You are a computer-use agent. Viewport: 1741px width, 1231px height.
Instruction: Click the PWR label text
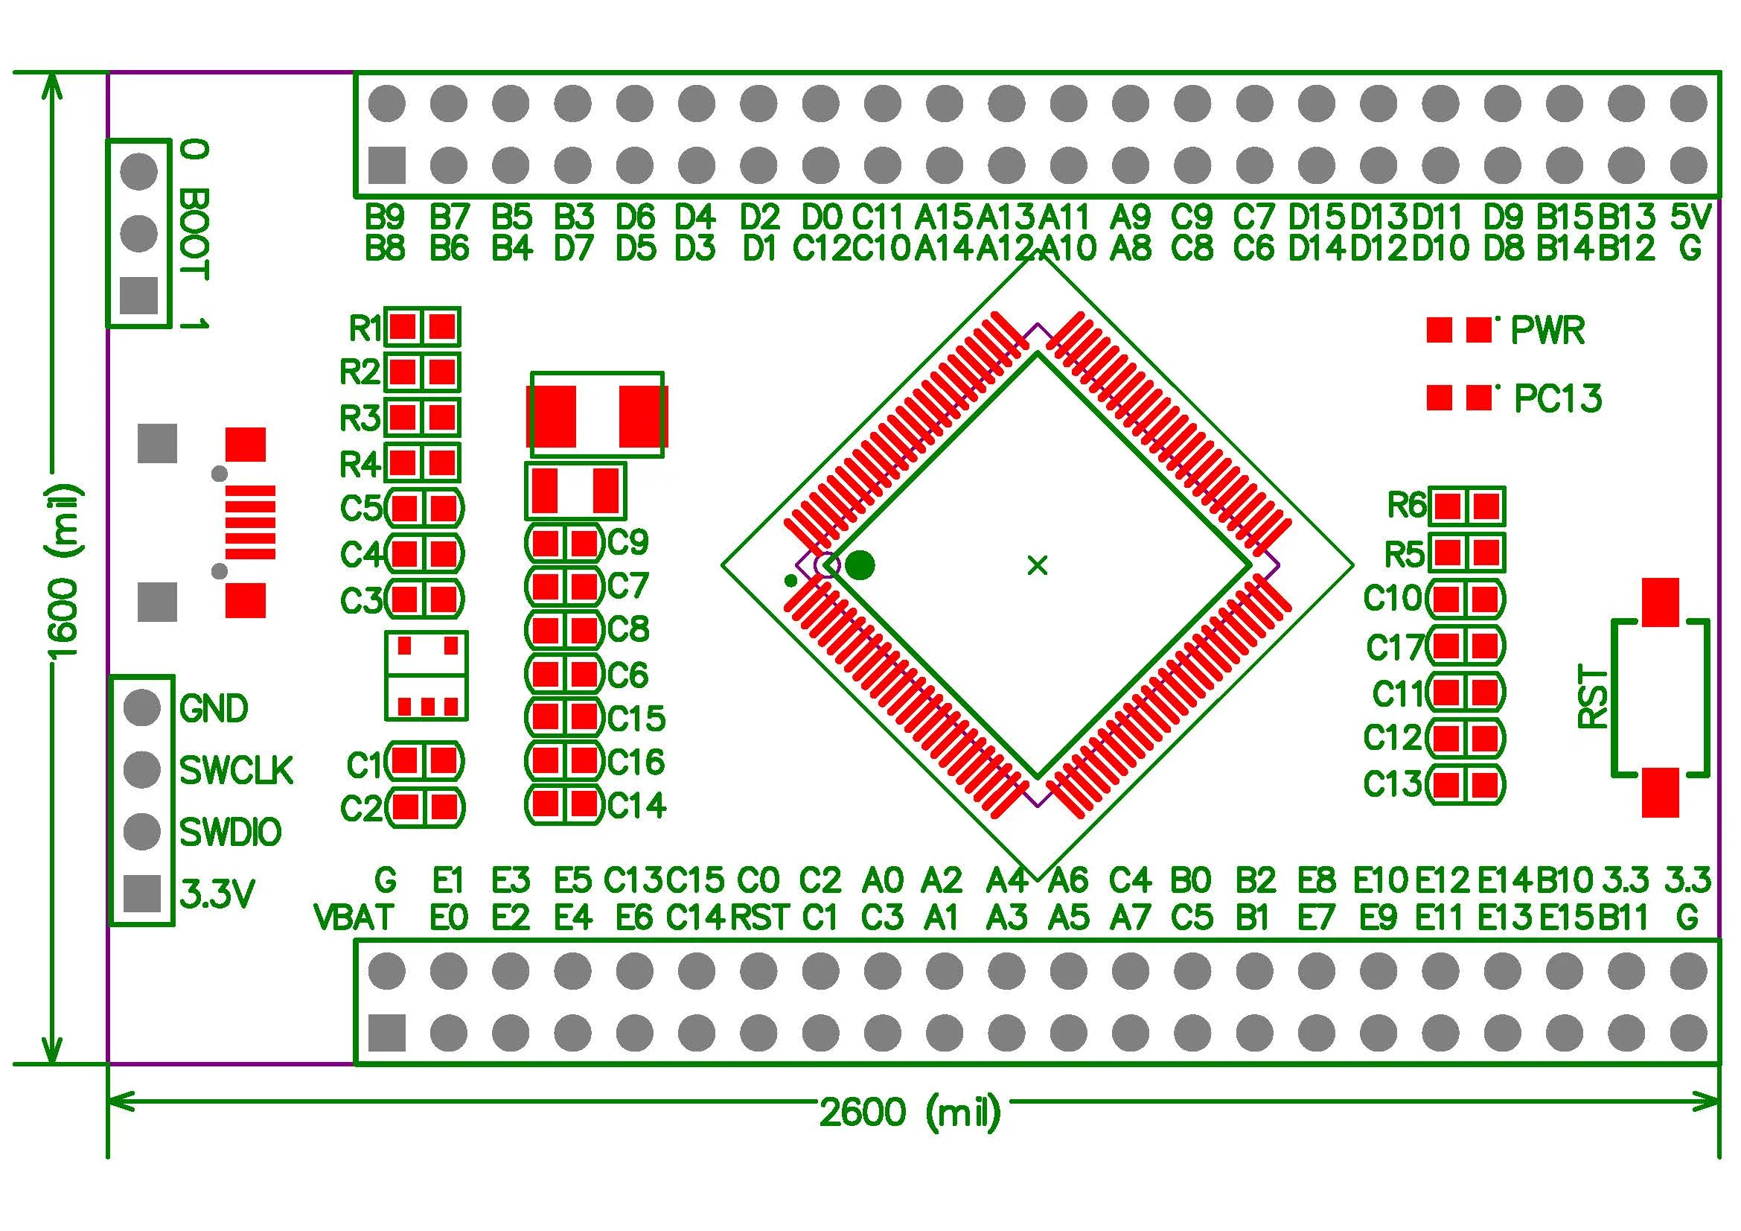pos(1547,330)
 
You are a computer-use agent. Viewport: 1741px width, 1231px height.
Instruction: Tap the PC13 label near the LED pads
pos(1557,399)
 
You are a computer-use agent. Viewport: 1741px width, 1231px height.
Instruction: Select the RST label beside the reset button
pos(1591,697)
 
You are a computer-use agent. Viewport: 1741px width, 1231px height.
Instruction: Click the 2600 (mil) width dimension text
pos(909,1112)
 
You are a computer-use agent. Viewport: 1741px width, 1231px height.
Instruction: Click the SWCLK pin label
pos(236,771)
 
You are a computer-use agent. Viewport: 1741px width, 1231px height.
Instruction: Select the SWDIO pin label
pos(231,833)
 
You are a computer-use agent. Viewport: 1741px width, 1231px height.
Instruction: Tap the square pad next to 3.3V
pos(142,894)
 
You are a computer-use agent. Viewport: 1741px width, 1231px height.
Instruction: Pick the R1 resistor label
pos(365,328)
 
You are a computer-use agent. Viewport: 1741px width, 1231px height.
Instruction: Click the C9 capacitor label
pos(628,541)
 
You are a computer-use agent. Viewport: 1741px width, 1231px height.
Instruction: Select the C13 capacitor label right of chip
pos(1392,784)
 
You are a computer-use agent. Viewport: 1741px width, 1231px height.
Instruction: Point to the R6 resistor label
pos(1407,505)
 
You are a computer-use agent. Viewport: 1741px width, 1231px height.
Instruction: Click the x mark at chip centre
pos(1037,565)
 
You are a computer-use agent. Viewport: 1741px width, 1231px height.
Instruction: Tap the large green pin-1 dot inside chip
pos(860,565)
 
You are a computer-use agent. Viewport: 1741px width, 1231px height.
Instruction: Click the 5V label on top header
pos(1690,217)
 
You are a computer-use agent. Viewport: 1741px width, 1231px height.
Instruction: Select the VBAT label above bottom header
pos(354,917)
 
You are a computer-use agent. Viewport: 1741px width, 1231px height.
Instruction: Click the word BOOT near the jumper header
pos(194,235)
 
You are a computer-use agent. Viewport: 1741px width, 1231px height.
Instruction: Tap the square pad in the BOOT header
pos(139,296)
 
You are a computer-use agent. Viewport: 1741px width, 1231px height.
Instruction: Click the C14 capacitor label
pos(636,806)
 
